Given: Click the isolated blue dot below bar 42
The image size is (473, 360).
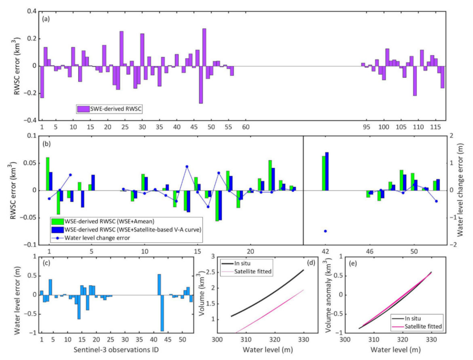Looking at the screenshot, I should pyautogui.click(x=325, y=231).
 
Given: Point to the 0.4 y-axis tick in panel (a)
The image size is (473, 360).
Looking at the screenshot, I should pyautogui.click(x=32, y=12).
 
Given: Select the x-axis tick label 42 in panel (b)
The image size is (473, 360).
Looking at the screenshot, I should pyautogui.click(x=325, y=252).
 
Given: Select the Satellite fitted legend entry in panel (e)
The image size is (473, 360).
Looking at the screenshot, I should pyautogui.click(x=424, y=326).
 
